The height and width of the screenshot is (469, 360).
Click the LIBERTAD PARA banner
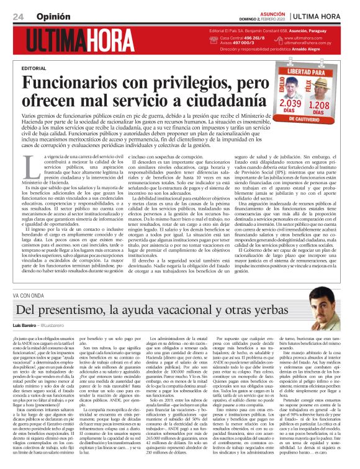pos(308,73)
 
